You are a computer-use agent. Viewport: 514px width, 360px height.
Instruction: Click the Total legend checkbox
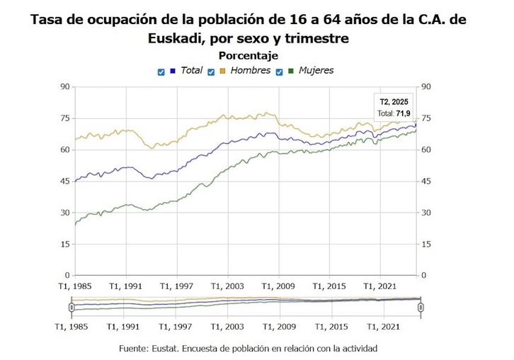tap(161, 72)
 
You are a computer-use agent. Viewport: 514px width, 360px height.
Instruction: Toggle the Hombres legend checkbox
tap(212, 72)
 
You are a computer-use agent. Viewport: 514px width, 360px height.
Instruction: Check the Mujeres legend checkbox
tap(280, 72)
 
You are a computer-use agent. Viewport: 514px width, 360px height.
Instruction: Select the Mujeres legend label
tap(316, 71)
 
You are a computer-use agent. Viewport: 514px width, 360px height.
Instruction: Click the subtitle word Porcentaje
tap(248, 55)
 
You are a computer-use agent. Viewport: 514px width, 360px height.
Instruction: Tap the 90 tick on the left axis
tap(64, 87)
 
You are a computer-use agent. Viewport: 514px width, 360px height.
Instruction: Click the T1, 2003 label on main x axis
tap(227, 286)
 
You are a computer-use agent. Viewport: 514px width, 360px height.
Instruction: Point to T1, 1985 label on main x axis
tap(74, 286)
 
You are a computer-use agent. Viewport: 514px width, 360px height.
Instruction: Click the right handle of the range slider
tap(421, 307)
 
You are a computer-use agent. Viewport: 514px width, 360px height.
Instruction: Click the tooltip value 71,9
tap(404, 113)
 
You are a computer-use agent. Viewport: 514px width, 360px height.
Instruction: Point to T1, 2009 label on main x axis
tap(278, 286)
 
